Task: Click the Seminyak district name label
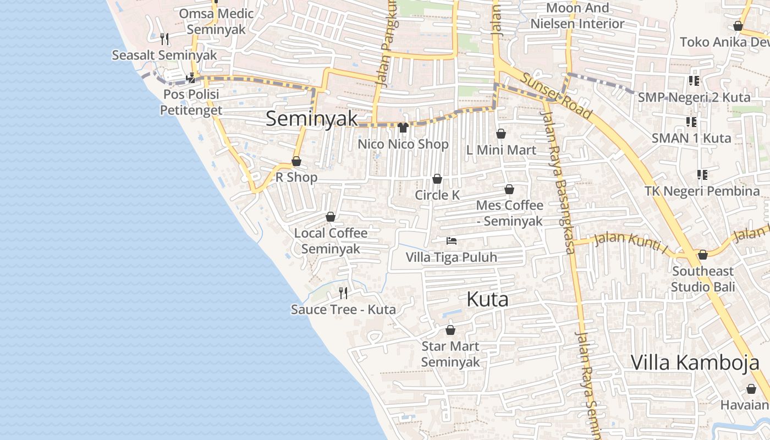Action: (312, 119)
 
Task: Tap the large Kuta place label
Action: (487, 300)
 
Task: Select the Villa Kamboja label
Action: (695, 363)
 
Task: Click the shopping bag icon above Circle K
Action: (437, 179)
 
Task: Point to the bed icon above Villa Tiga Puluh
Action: (452, 241)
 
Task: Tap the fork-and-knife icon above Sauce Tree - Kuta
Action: (343, 293)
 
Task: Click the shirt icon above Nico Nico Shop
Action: (403, 128)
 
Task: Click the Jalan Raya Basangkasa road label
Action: (558, 182)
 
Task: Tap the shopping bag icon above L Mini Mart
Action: (501, 134)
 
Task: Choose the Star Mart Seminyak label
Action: (450, 354)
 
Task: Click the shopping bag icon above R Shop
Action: (296, 161)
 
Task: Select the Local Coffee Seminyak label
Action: (331, 241)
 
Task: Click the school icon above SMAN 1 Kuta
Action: (691, 122)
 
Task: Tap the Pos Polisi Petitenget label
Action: (191, 102)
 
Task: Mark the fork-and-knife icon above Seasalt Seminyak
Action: (164, 38)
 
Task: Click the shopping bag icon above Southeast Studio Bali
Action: (702, 255)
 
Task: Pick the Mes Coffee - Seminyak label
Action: (509, 213)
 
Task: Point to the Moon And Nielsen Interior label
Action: (577, 16)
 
